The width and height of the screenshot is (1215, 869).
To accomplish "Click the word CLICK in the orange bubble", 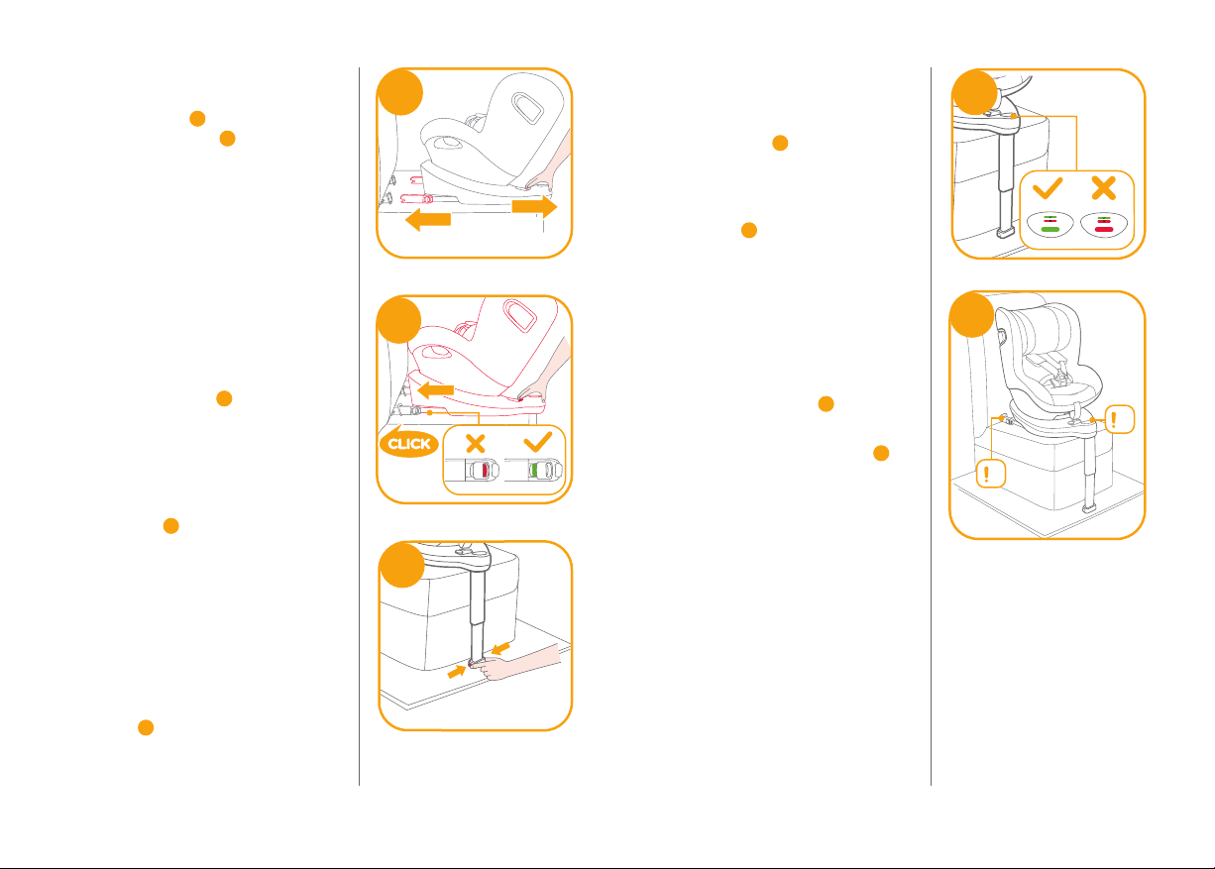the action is tap(409, 444).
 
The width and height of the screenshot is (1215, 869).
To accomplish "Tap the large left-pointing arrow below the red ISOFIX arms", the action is tap(428, 220).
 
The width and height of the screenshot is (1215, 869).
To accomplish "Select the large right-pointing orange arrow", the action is tap(534, 206).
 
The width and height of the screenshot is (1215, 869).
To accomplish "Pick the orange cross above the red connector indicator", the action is tap(476, 444).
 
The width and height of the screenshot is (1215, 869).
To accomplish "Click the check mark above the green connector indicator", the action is tap(538, 442).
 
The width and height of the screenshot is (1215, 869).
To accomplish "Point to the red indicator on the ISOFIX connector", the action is tap(485, 470).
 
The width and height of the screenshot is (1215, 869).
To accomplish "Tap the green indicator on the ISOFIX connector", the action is tap(534, 470).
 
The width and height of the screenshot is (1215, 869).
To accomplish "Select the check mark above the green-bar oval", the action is tap(1048, 188).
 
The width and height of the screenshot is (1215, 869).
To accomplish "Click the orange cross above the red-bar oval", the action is tap(1104, 188).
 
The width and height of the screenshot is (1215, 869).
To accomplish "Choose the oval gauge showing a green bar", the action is tap(1050, 224).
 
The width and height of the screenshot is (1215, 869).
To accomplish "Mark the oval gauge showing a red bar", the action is tap(1104, 224).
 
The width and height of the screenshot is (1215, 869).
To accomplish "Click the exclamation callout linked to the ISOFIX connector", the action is tap(991, 474).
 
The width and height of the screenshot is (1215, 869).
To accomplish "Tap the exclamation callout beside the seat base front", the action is tap(1120, 419).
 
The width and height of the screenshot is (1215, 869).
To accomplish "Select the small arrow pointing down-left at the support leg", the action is tap(500, 648).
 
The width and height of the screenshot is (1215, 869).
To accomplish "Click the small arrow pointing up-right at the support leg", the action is tap(457, 672).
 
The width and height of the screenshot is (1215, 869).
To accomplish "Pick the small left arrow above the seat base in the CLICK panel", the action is tap(435, 390).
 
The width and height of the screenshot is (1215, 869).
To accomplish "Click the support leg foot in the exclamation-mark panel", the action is tap(1088, 509).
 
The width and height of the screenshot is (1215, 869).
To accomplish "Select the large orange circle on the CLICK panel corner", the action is tap(399, 320).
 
